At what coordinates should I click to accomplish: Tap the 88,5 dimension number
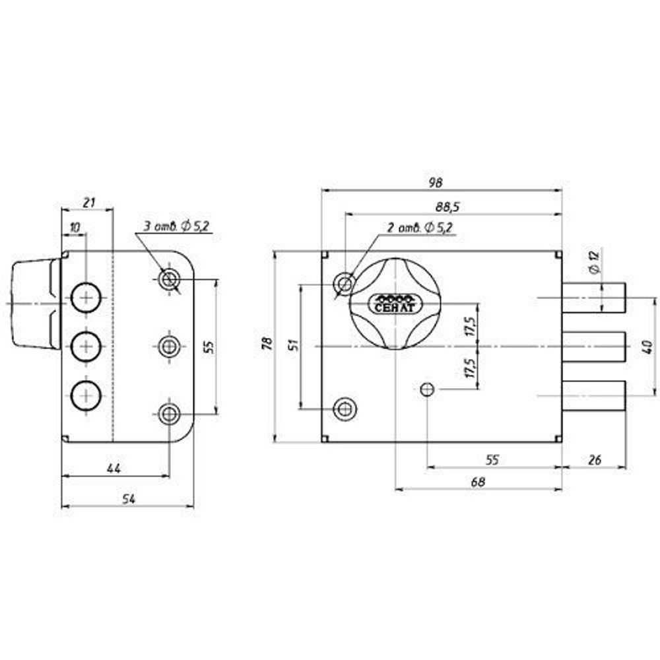click(x=447, y=207)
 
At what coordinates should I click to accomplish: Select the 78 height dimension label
click(x=266, y=345)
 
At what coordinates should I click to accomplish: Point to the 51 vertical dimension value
click(x=294, y=345)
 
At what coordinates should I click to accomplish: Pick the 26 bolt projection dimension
click(x=594, y=460)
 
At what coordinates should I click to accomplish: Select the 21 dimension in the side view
click(x=90, y=202)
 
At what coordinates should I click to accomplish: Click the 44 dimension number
click(x=114, y=468)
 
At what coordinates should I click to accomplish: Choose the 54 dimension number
click(x=129, y=500)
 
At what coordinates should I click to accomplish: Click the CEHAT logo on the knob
click(x=395, y=303)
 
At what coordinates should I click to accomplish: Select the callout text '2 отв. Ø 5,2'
click(x=420, y=228)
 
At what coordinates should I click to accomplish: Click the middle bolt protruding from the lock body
click(x=594, y=346)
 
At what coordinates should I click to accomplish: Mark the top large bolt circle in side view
click(x=86, y=299)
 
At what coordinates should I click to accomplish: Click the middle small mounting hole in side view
click(x=169, y=345)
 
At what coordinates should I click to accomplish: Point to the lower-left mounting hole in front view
click(x=344, y=408)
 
